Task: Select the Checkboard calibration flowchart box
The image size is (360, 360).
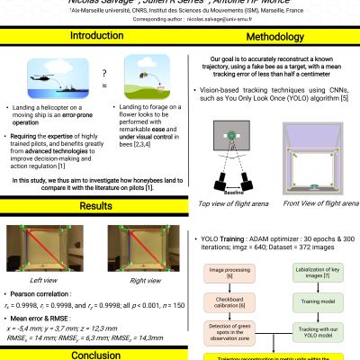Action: pyautogui.click(x=229, y=302)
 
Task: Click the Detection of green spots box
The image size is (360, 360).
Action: pyautogui.click(x=229, y=334)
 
